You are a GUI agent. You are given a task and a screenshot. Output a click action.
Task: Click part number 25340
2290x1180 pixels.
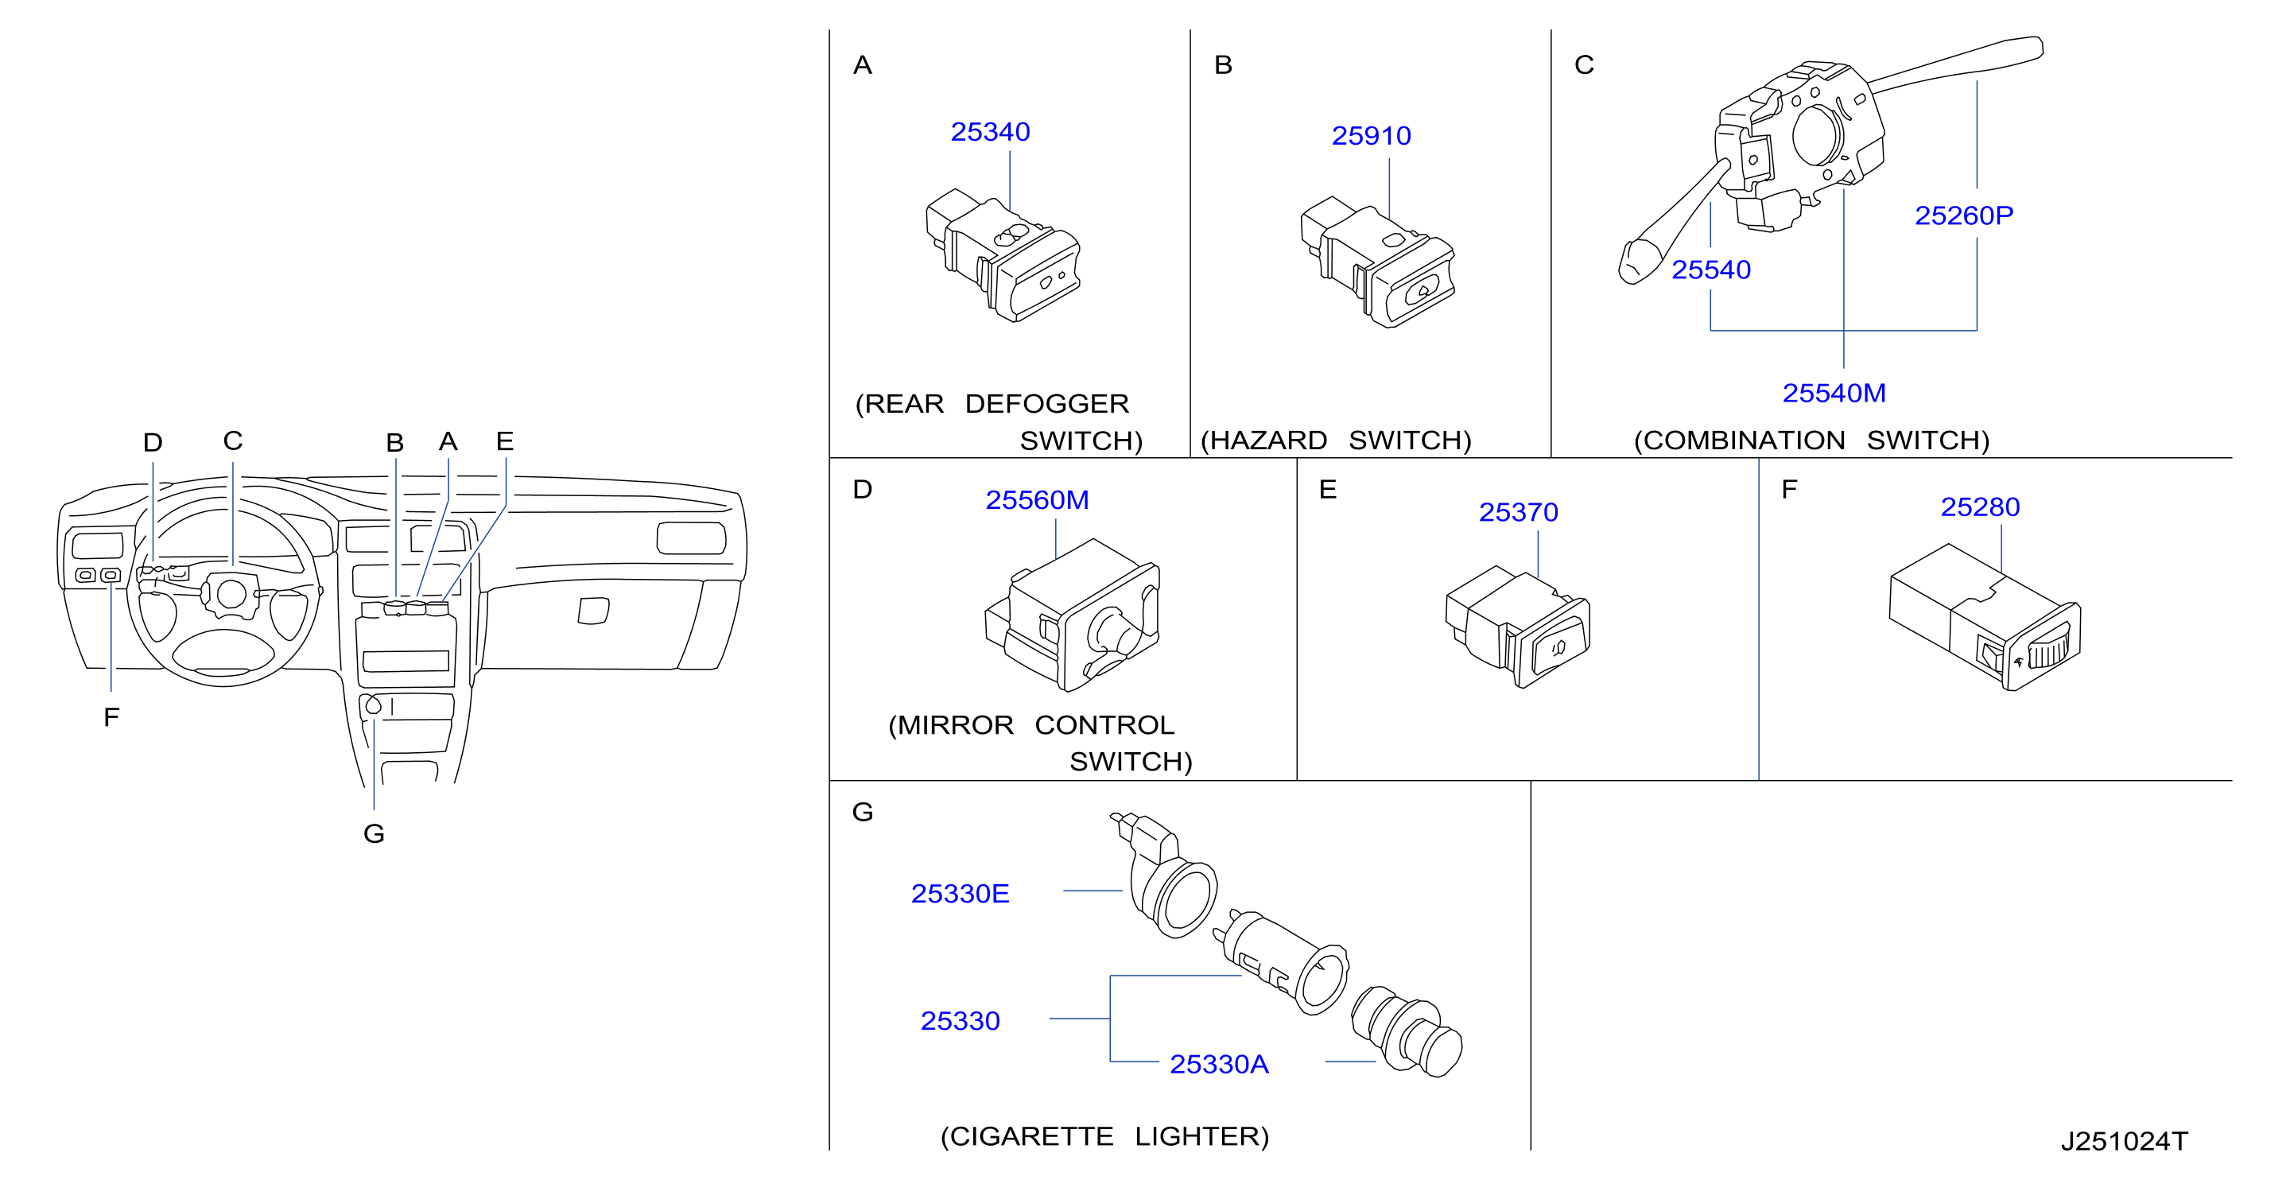tap(989, 132)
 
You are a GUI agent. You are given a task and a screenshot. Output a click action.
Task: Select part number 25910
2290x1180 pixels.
tap(1371, 135)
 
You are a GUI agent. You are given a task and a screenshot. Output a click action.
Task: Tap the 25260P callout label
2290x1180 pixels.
tap(1963, 215)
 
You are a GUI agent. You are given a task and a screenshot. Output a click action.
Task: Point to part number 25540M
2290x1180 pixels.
tap(1833, 393)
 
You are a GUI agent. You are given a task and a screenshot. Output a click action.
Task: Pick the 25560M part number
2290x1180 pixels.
tap(1037, 499)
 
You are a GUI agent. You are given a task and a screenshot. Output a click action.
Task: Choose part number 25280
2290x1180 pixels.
tap(1980, 507)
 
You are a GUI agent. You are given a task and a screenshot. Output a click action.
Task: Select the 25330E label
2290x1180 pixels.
tap(960, 894)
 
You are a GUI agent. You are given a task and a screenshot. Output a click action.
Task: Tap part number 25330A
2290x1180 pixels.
tap(1219, 1065)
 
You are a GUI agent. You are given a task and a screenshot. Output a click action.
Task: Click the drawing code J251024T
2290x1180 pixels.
tap(2124, 1142)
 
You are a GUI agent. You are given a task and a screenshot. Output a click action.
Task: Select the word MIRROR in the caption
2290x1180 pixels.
tap(956, 726)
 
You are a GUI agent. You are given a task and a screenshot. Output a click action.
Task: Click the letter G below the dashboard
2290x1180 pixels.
tap(375, 834)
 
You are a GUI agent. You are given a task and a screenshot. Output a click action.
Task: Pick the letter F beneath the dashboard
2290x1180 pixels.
tap(111, 717)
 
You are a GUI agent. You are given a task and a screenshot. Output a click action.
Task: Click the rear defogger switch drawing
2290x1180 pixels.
tap(1003, 255)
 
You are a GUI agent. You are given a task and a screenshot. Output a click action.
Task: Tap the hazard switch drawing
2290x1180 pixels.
tap(1377, 262)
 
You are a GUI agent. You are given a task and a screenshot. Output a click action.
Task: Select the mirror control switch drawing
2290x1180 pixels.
tap(1072, 615)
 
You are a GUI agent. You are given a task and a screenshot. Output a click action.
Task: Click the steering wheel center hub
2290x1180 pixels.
tap(231, 594)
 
